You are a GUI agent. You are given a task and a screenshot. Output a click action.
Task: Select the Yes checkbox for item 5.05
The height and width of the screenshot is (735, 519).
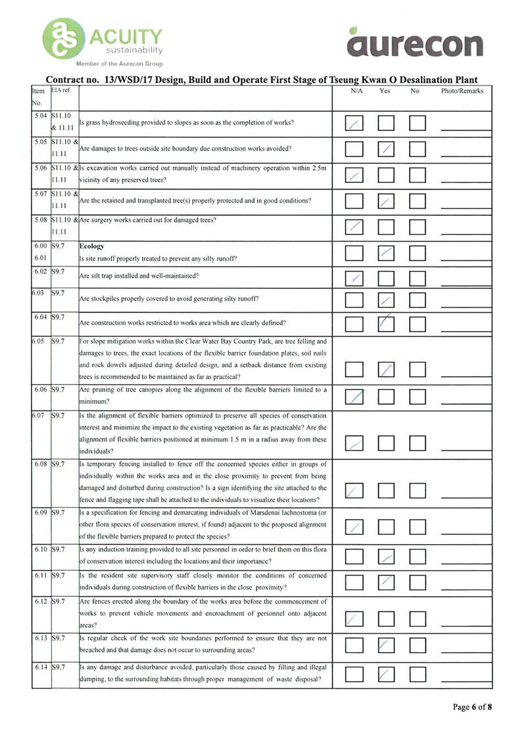(386, 149)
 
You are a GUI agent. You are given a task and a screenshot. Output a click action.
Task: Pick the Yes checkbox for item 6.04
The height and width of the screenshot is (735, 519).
(386, 324)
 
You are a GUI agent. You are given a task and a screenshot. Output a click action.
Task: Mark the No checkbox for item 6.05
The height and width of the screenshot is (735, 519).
(418, 369)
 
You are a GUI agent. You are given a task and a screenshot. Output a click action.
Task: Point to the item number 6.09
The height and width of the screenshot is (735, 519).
(41, 511)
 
